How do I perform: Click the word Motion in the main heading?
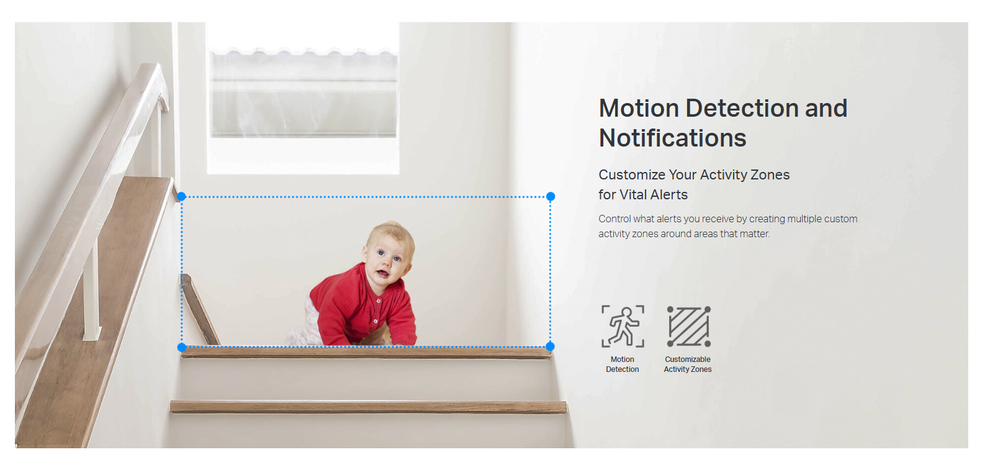tap(639, 108)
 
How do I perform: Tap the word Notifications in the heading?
tap(673, 138)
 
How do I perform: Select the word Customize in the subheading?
tap(632, 175)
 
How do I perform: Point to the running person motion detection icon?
tap(623, 327)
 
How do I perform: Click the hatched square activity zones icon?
tap(688, 327)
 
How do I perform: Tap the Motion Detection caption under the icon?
tap(623, 364)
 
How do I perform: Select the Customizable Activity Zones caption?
tap(688, 364)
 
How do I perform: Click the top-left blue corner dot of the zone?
tap(181, 196)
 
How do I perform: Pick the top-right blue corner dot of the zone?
tap(551, 196)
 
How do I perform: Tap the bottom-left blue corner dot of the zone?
tap(182, 348)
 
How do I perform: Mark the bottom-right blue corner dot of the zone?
tap(551, 346)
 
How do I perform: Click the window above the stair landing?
tap(303, 98)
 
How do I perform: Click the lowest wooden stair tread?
tap(368, 407)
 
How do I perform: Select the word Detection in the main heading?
tap(742, 108)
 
